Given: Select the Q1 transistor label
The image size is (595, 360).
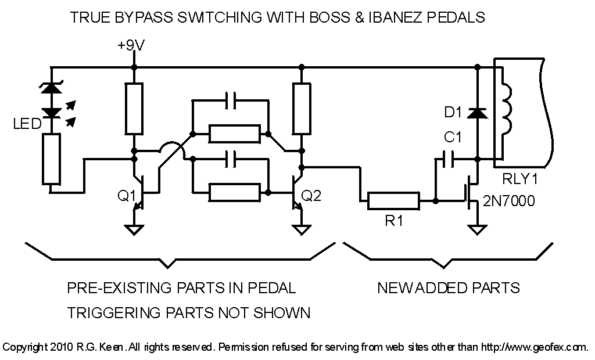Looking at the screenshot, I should [126, 196].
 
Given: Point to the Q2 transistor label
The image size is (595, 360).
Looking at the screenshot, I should [312, 196].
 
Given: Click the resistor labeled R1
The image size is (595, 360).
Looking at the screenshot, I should [393, 201].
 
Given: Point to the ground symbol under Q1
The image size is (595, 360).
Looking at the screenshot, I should [134, 230].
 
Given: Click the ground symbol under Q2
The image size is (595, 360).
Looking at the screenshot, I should [301, 230].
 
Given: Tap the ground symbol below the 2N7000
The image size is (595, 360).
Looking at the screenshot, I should [477, 230].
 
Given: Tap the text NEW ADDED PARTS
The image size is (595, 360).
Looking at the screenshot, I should [448, 287].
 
